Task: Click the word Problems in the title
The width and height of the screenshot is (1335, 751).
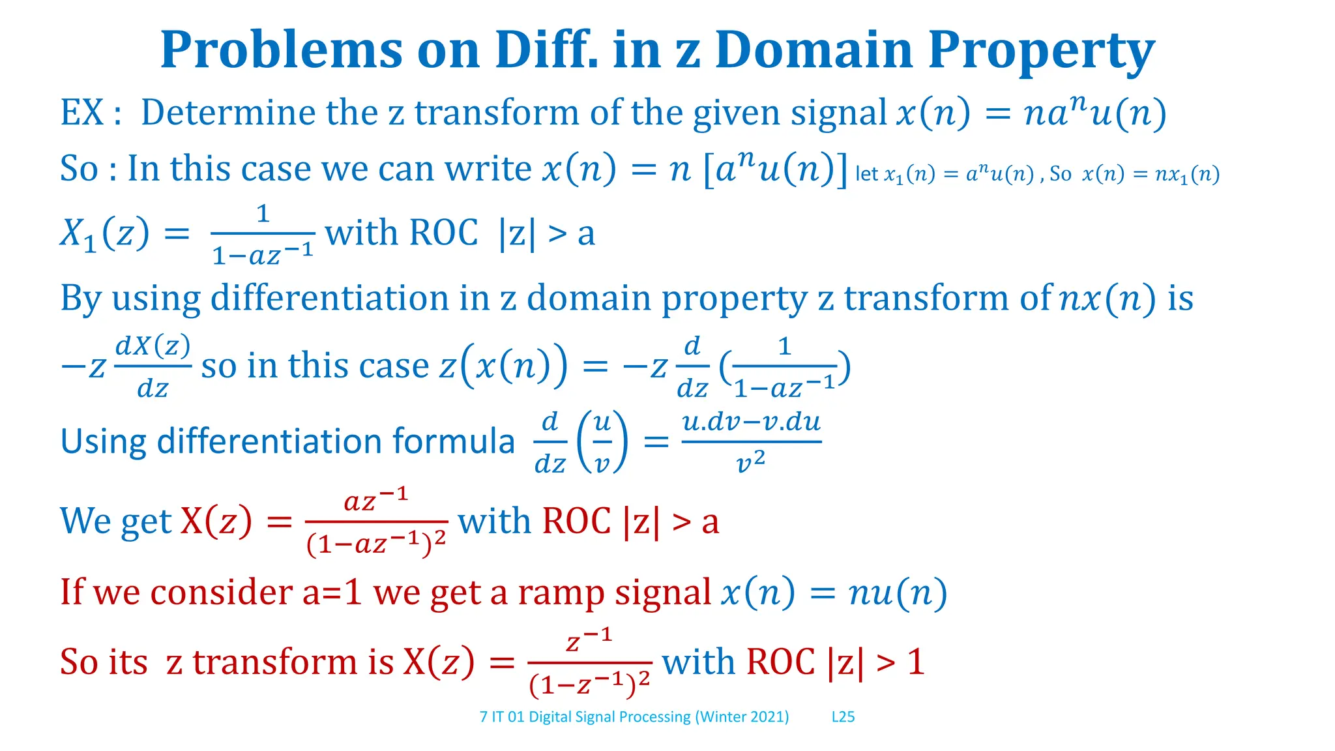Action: tap(281, 51)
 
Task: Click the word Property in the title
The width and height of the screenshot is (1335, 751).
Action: tap(1041, 51)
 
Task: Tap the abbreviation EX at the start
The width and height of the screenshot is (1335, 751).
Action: tap(82, 112)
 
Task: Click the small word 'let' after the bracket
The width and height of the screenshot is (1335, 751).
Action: tap(866, 174)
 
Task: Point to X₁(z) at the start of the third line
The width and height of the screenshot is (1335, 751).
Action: tap(104, 233)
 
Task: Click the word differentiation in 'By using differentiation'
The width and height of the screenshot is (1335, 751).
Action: tap(330, 299)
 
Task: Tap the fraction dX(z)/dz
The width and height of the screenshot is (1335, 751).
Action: tap(153, 366)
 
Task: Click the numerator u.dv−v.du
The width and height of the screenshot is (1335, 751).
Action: tap(751, 422)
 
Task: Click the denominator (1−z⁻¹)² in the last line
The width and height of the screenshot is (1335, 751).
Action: tap(589, 684)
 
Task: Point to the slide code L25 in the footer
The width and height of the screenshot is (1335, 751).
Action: tap(843, 717)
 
